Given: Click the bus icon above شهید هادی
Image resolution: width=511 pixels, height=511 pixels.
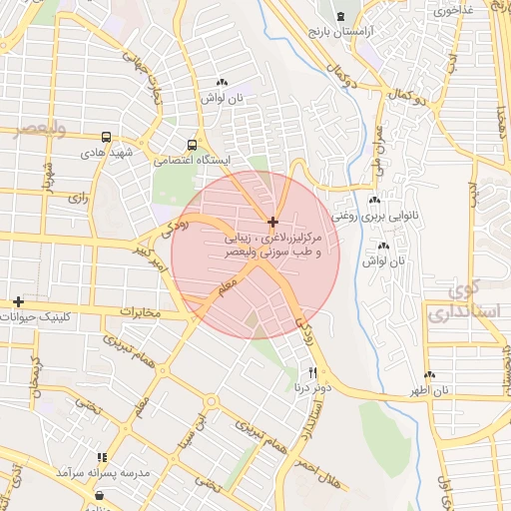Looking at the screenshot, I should (106, 138).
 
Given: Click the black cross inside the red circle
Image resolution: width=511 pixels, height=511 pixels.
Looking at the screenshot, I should (272, 221).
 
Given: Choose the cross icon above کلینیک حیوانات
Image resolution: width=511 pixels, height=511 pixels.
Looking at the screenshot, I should (17, 301).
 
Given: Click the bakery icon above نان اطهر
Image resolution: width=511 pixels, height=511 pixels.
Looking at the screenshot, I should (432, 375).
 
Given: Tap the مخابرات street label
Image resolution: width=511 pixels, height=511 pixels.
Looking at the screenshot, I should (141, 312).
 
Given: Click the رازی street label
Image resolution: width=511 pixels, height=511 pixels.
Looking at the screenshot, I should (78, 199).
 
